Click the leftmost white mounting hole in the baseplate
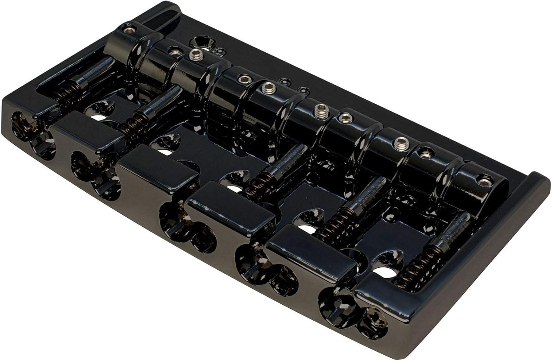tap(96, 118)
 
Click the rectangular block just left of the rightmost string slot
tap(311, 257)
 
